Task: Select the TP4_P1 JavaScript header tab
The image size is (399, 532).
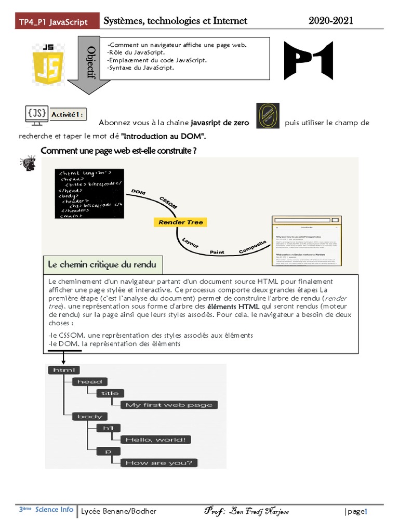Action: [53, 22]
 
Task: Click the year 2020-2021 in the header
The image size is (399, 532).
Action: [331, 21]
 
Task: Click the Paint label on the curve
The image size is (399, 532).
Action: [217, 252]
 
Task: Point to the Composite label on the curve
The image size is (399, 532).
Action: [252, 247]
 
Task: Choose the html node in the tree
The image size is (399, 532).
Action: [64, 370]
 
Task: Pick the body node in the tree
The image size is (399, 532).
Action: [90, 416]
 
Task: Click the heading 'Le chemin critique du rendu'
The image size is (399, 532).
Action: [102, 264]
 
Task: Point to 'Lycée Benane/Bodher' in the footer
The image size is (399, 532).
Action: [118, 511]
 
